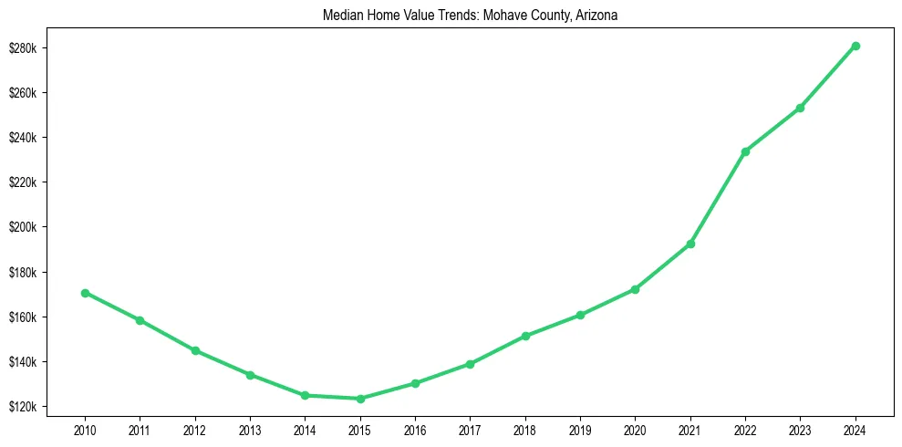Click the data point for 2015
pyautogui.click(x=360, y=399)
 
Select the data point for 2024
pyautogui.click(x=855, y=46)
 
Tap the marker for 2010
pyautogui.click(x=85, y=293)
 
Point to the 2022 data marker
pyautogui.click(x=745, y=151)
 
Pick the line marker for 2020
pyautogui.click(x=635, y=289)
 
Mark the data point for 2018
pyautogui.click(x=525, y=337)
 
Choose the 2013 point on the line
pyautogui.click(x=250, y=375)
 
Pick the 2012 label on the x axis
pyautogui.click(x=195, y=428)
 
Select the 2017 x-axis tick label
pyautogui.click(x=470, y=428)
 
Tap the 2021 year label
pyautogui.click(x=690, y=428)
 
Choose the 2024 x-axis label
pyautogui.click(x=855, y=428)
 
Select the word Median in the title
pyautogui.click(x=341, y=16)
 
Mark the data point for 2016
pyautogui.click(x=415, y=383)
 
